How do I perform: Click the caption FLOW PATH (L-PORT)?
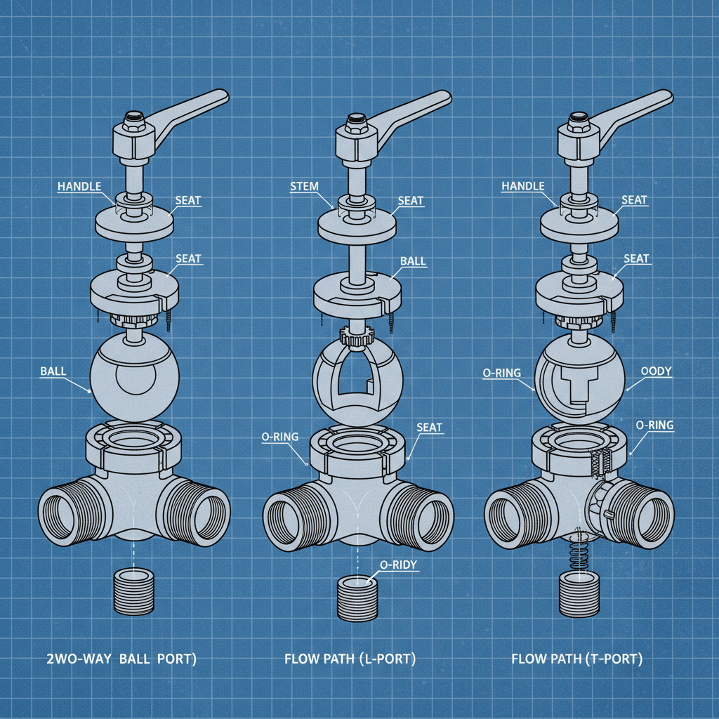pos(350,659)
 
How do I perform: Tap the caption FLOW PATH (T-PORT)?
pos(576,659)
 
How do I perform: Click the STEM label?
pos(303,186)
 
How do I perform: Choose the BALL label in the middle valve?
pos(413,260)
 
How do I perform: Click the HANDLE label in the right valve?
pos(523,186)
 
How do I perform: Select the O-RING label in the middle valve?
pos(280,437)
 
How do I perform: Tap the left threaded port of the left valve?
pos(64,510)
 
